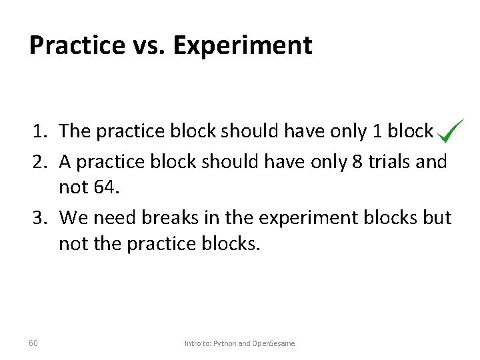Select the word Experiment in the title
click(x=243, y=45)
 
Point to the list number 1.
click(x=38, y=131)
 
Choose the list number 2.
click(x=38, y=161)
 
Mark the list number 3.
click(x=38, y=218)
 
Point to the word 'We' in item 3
click(x=72, y=218)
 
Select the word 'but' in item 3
click(x=437, y=218)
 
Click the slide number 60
click(x=33, y=343)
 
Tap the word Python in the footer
click(x=223, y=343)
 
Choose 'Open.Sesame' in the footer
click(x=273, y=343)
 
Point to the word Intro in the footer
click(x=193, y=343)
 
